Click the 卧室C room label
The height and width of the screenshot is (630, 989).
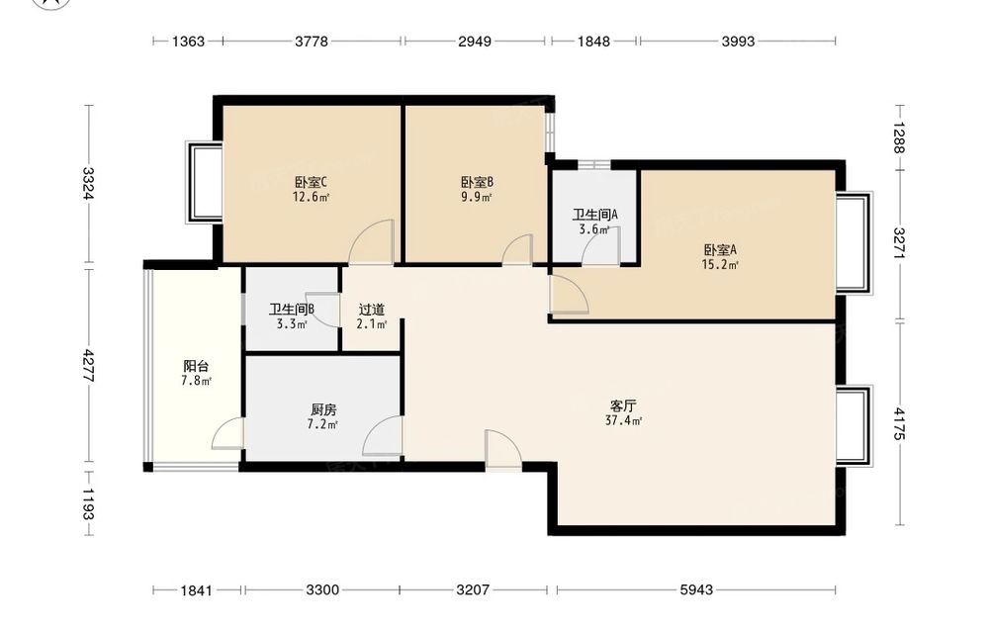coord(311,182)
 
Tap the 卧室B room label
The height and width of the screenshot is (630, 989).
coord(477,182)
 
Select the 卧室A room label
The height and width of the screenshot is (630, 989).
coord(720,250)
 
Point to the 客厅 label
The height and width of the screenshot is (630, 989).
coord(623,405)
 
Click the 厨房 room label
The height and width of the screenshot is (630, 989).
coord(323,409)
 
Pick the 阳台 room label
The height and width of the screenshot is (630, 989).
coord(196,366)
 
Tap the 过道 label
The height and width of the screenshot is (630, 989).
coord(372,310)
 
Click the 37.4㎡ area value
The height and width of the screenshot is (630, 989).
coord(623,420)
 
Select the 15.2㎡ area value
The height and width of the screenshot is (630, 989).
coord(720,265)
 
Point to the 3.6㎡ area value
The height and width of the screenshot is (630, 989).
coord(594,229)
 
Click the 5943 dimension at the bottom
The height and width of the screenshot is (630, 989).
coord(696,589)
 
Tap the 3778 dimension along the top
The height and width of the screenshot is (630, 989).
coord(312,41)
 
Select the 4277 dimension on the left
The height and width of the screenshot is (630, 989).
coord(88,366)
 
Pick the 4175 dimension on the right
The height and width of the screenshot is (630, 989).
coord(899,423)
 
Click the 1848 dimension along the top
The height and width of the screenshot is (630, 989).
coord(593,41)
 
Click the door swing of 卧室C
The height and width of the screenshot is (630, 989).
coord(372,241)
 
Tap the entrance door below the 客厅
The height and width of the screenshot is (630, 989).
coord(503,450)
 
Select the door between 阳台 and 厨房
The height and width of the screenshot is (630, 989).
coord(227,433)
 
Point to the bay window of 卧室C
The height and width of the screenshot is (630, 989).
coord(204,182)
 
